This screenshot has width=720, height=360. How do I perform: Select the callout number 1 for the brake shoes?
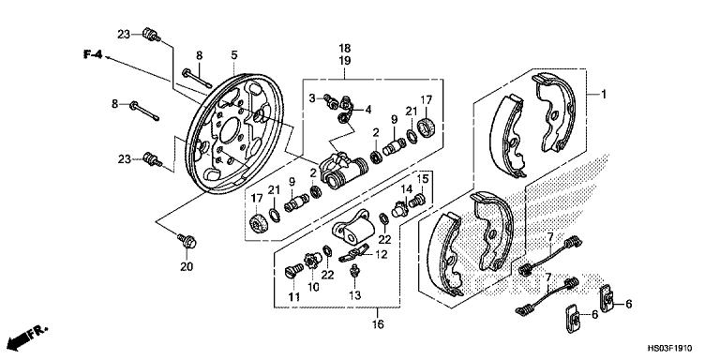[x=605, y=94]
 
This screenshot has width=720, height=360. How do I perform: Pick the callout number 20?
[x=187, y=266]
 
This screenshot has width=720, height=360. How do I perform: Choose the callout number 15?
[x=423, y=178]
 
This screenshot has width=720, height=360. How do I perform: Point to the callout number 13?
[x=355, y=296]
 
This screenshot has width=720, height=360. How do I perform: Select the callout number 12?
[x=382, y=254]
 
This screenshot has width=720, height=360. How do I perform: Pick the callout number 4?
[x=367, y=109]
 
